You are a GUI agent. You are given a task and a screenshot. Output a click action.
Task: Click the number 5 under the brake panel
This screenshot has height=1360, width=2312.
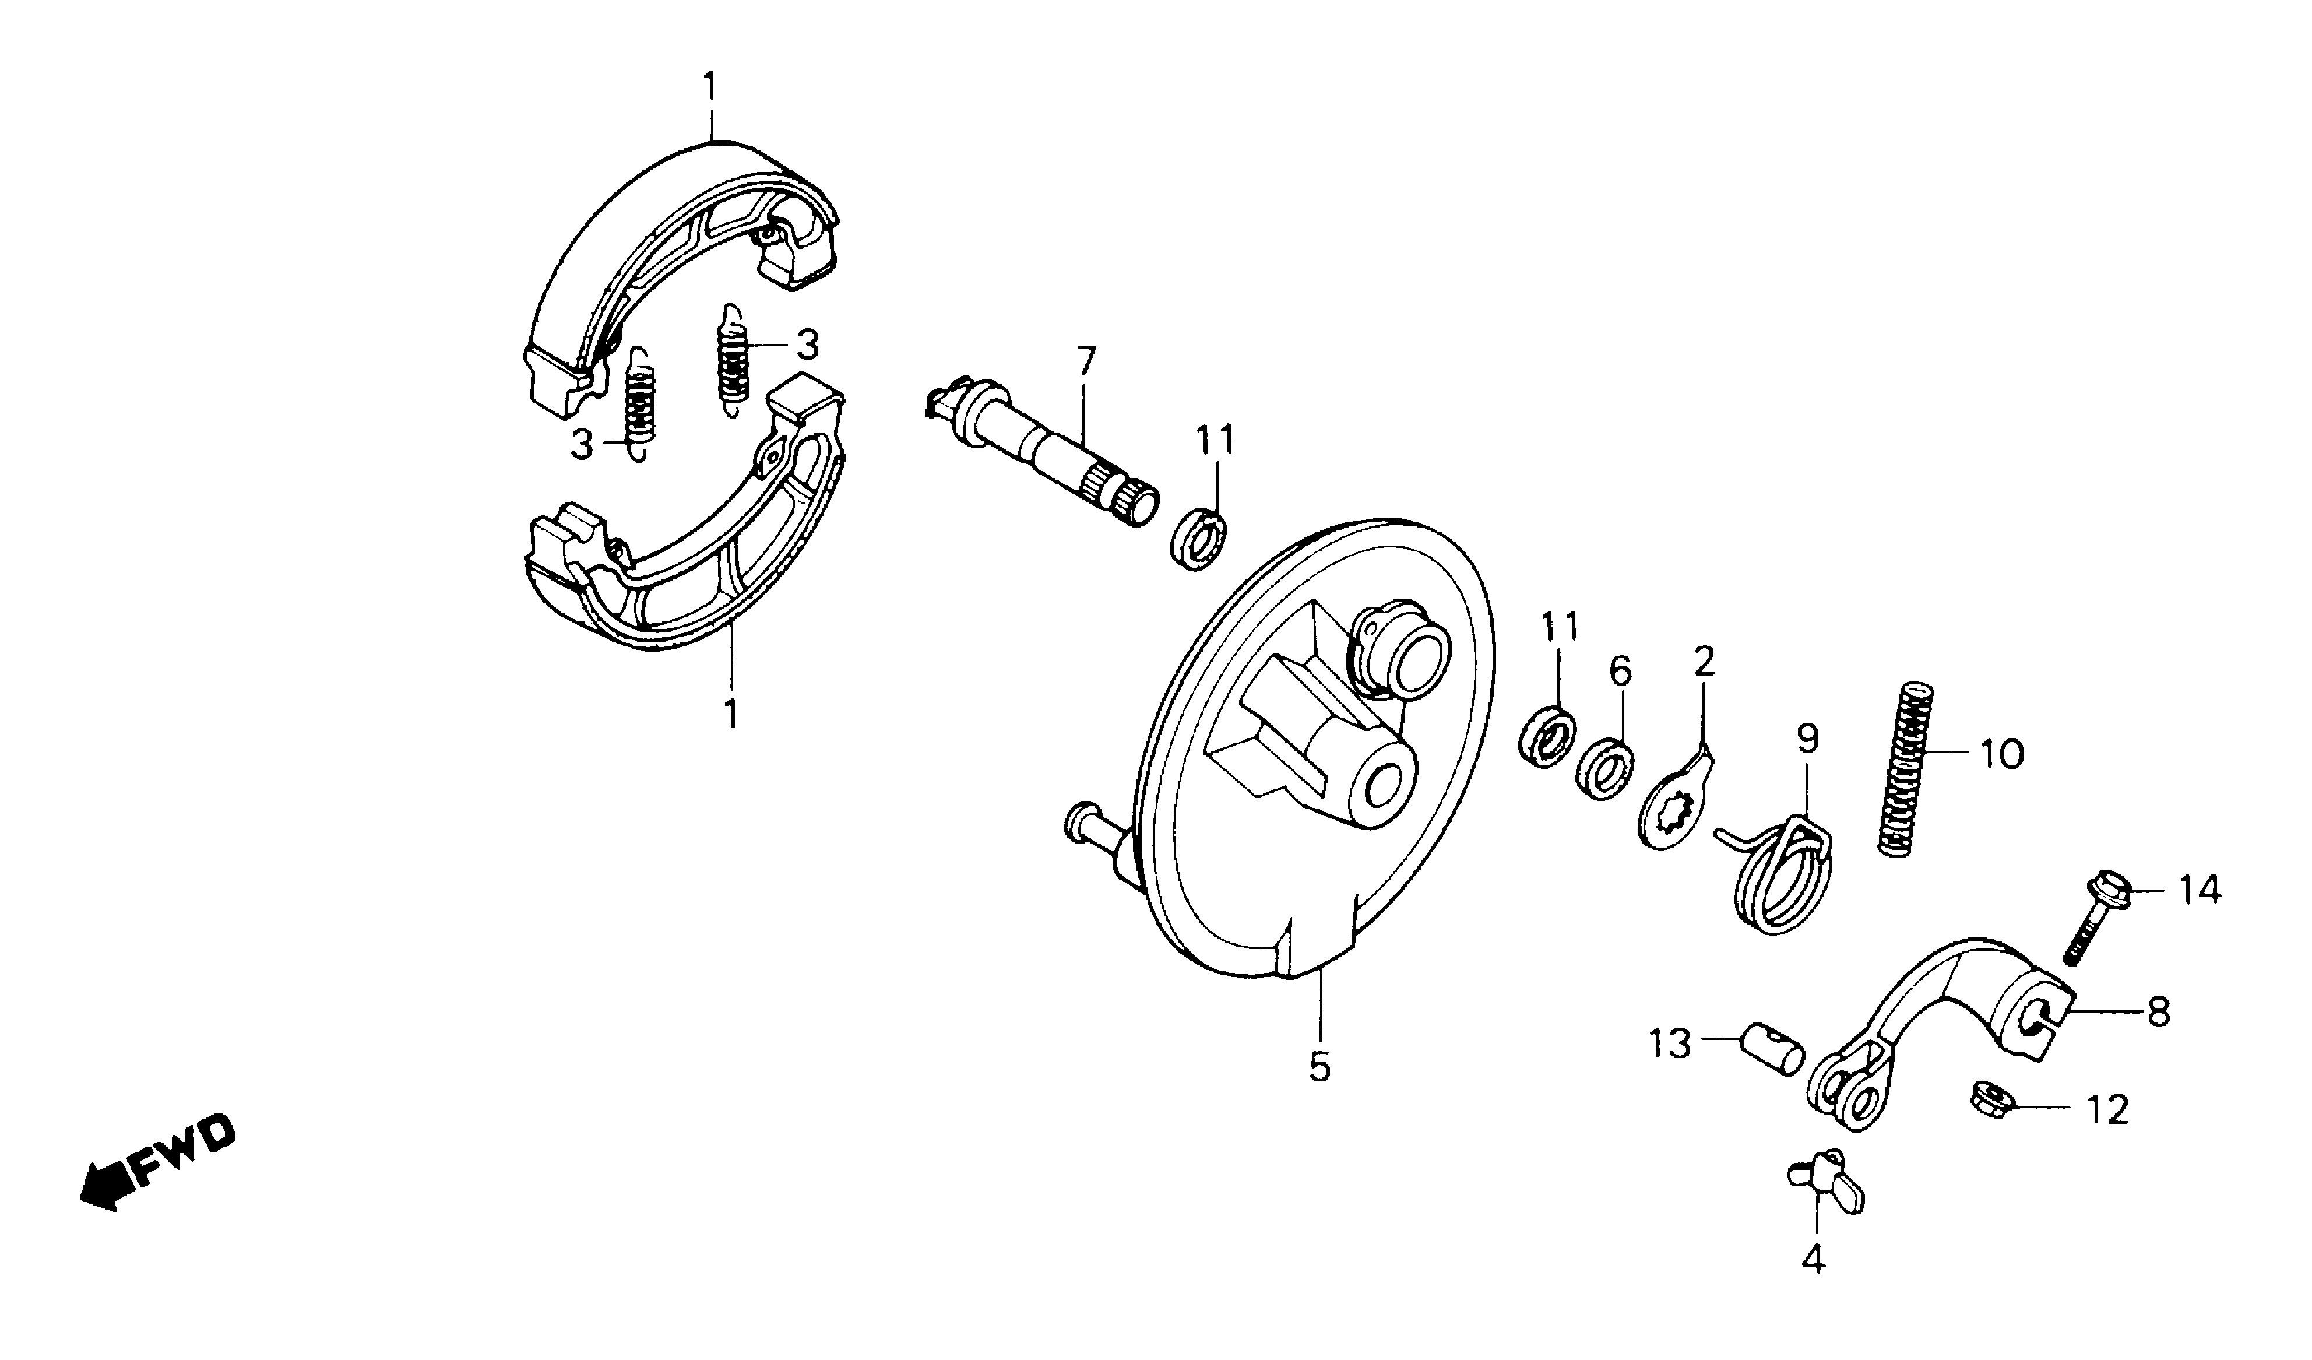(1319, 1066)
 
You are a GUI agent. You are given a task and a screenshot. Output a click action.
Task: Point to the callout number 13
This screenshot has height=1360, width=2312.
(1670, 1043)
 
